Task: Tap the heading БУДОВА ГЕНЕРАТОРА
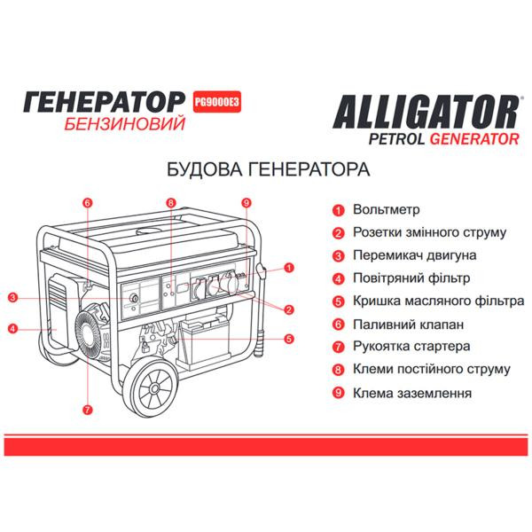coord(267,169)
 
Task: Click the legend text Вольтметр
coord(387,210)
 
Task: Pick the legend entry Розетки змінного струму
coord(429,233)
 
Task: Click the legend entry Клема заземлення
coord(411,392)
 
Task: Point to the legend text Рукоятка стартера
coord(411,347)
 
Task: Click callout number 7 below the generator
coord(87,409)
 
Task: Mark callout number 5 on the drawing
coord(289,338)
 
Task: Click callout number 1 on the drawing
coord(289,267)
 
